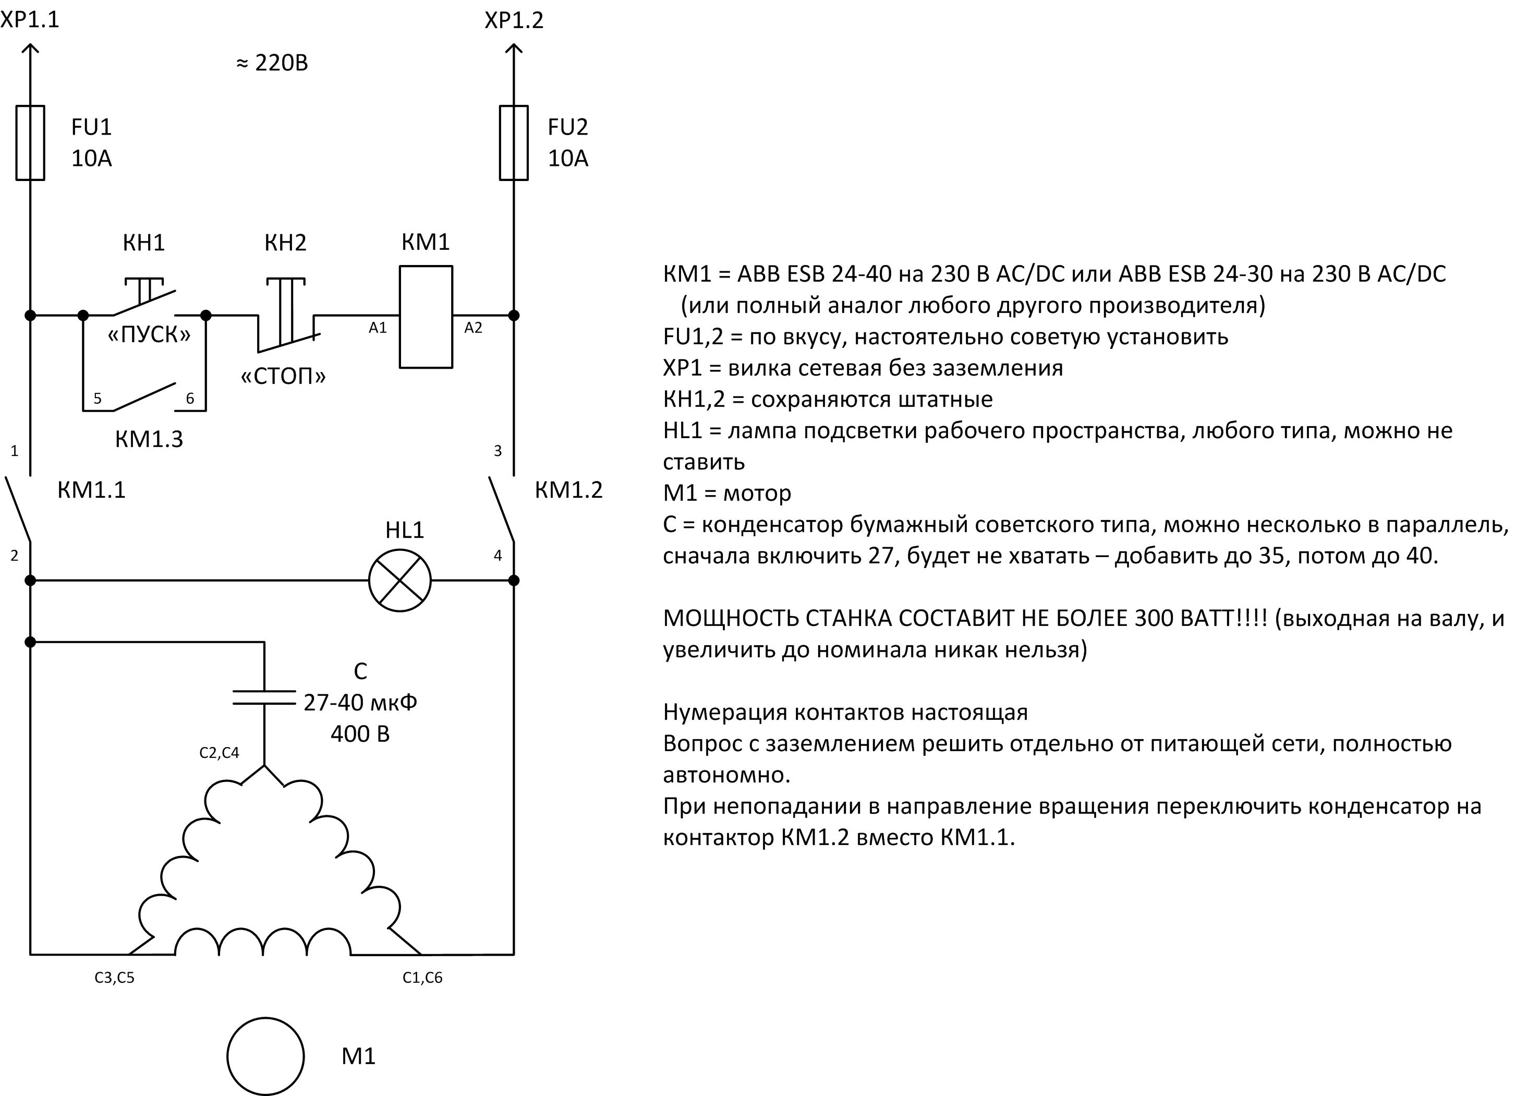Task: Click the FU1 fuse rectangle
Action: pyautogui.click(x=30, y=142)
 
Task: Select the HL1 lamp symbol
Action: pyautogui.click(x=399, y=581)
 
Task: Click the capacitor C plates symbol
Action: pyautogui.click(x=264, y=697)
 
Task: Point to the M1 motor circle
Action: pyautogui.click(x=265, y=1056)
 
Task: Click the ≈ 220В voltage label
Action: pyautogui.click(x=272, y=63)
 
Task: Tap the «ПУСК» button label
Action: pyautogui.click(x=149, y=334)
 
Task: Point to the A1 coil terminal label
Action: pyautogui.click(x=378, y=328)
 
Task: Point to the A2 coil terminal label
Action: pyautogui.click(x=473, y=328)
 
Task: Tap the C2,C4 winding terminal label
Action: pyautogui.click(x=219, y=753)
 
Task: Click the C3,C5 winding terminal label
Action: pyautogui.click(x=114, y=978)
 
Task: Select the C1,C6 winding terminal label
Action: pyautogui.click(x=422, y=978)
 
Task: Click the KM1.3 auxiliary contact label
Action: pyautogui.click(x=149, y=439)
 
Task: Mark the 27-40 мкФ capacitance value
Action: pyautogui.click(x=360, y=702)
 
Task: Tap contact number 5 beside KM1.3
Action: pyautogui.click(x=98, y=399)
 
